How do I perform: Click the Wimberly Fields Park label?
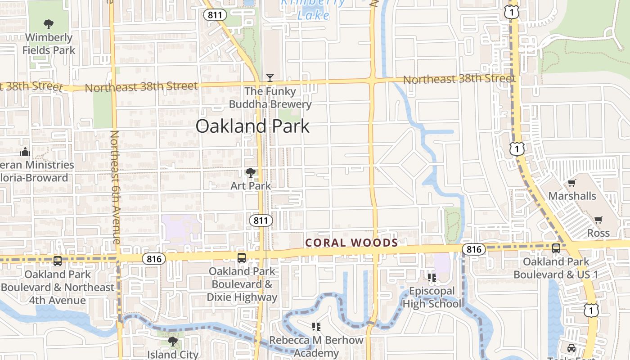(x=49, y=44)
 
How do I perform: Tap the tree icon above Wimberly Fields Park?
(x=49, y=24)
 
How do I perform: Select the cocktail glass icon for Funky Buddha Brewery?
(x=270, y=77)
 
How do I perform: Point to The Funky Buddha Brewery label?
(x=270, y=98)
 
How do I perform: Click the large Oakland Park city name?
(x=252, y=126)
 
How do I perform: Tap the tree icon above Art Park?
(x=251, y=172)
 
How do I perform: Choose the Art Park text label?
(x=251, y=185)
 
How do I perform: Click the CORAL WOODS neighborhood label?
(x=351, y=243)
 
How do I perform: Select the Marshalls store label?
(x=572, y=196)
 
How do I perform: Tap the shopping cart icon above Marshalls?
(x=571, y=183)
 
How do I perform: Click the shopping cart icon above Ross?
(x=598, y=220)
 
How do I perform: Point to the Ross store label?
(x=598, y=233)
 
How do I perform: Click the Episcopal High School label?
(x=432, y=297)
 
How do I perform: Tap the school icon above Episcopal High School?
(x=432, y=277)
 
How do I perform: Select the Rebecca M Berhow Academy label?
(x=316, y=346)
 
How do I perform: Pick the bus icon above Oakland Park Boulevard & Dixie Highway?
(x=242, y=257)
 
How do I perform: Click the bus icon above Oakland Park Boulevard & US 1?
(x=556, y=248)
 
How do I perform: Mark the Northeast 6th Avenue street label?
(x=115, y=187)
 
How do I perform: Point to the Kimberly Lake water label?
(x=314, y=9)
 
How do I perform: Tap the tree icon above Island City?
(x=172, y=341)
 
